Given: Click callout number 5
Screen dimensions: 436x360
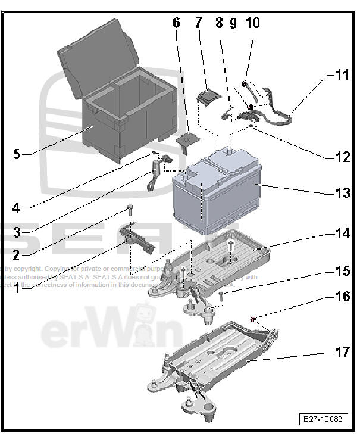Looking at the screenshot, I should [x=17, y=154].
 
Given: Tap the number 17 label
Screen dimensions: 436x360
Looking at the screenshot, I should [x=342, y=351].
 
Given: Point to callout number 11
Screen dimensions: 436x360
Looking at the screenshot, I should [x=342, y=76].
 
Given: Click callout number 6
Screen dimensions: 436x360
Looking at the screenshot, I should [x=176, y=23].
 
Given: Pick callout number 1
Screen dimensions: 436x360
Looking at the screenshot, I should [x=17, y=289].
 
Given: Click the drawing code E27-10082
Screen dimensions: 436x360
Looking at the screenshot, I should [x=321, y=419].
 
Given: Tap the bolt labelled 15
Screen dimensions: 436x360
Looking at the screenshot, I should [x=220, y=294].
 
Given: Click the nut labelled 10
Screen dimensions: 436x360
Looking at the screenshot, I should [x=245, y=83].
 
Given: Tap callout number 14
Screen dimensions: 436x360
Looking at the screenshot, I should [x=342, y=233].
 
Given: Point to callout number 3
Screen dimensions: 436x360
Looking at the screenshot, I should [x=17, y=232].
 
